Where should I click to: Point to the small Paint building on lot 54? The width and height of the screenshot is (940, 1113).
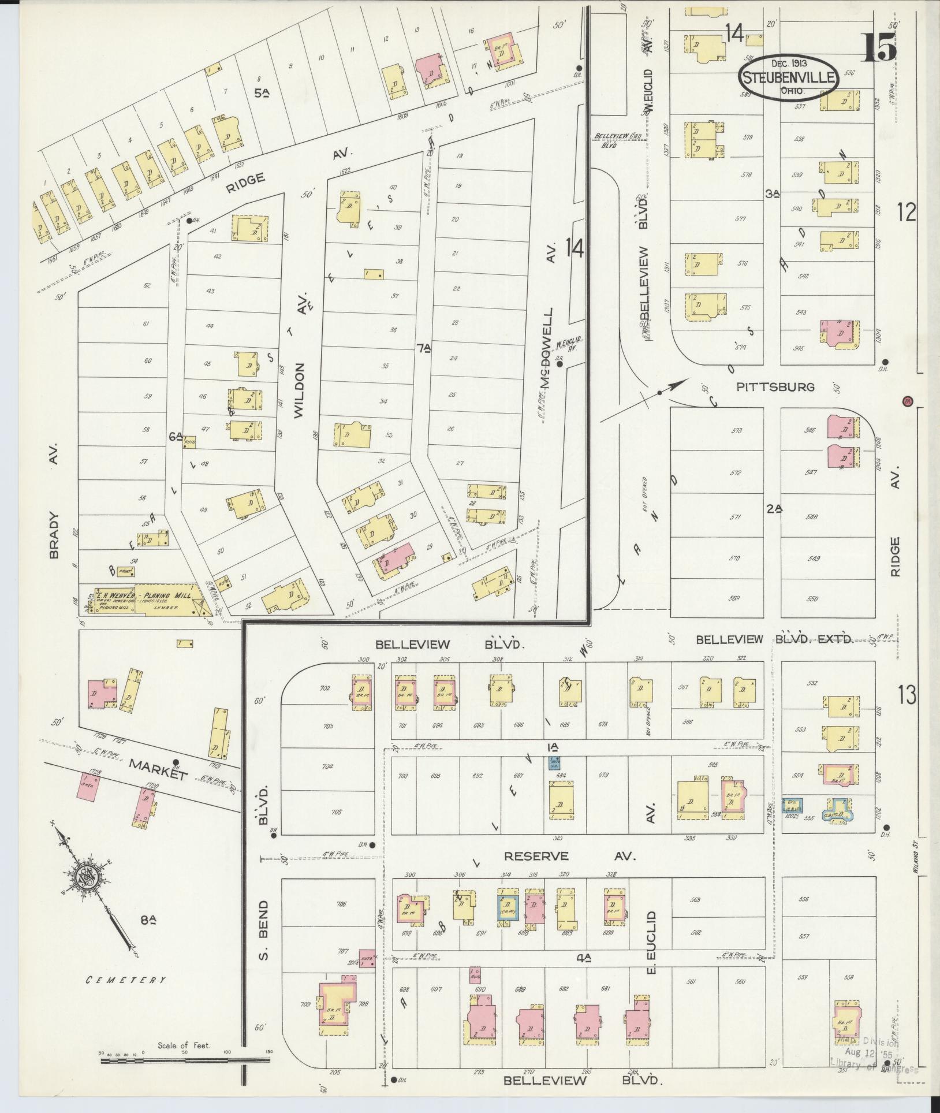126,571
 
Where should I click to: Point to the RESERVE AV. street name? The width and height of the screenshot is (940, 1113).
569,856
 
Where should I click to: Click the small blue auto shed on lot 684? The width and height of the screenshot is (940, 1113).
554,763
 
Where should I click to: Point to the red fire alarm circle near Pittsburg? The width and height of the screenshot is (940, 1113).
907,400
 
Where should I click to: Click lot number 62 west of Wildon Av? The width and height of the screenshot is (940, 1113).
147,285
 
